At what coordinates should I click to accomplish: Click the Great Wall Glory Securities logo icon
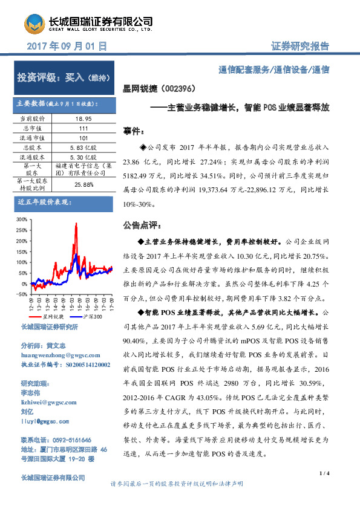34,24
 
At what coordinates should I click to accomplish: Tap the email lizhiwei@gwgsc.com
48,402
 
